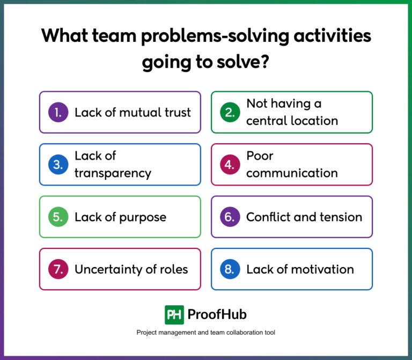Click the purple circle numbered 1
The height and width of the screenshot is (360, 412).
58,112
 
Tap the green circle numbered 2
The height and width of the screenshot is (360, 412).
230,112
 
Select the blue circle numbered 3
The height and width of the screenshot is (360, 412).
58,164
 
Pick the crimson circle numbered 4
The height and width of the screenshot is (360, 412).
230,164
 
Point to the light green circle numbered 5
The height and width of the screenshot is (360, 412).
58,217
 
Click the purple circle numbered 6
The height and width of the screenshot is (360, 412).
230,217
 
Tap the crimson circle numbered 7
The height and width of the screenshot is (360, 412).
58,269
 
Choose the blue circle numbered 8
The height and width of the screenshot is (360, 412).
230,269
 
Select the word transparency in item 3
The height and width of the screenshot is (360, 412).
113,173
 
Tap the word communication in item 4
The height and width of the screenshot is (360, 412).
292,173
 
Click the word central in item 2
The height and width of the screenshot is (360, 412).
267,121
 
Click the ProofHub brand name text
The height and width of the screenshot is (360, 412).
218,314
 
